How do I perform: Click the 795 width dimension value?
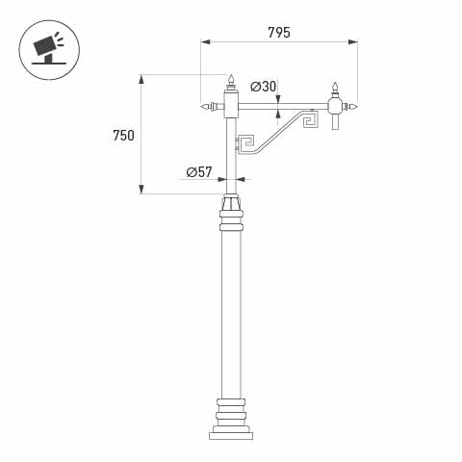(279, 33)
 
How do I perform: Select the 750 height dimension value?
(123, 136)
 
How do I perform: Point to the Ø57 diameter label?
(199, 172)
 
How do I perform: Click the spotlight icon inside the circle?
(48, 48)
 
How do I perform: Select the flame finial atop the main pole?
(231, 79)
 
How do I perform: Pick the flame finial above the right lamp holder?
(335, 89)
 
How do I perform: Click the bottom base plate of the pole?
(231, 435)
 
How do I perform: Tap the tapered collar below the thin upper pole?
(231, 203)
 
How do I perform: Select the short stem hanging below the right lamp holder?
(335, 122)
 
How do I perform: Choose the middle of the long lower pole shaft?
(231, 313)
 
